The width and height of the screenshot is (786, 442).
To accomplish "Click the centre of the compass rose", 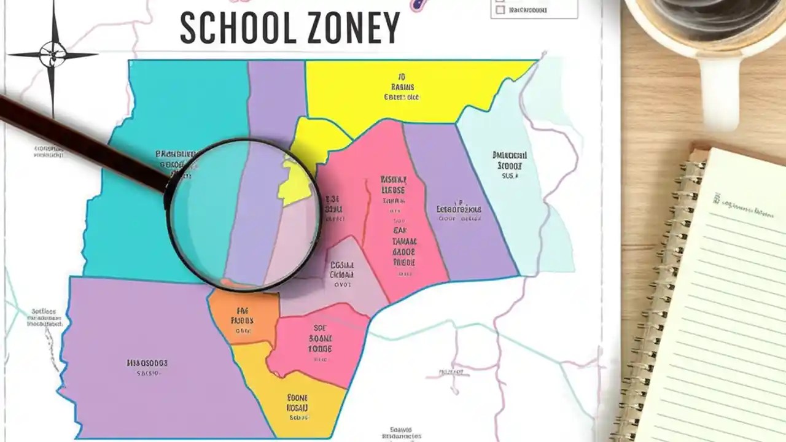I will click(53, 55).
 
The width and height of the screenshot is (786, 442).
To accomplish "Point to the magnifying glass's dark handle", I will click(80, 141).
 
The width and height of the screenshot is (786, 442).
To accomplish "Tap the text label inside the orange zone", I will click(242, 320).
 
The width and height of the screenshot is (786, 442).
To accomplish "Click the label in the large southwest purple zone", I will click(147, 367).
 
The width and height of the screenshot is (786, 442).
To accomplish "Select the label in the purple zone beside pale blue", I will click(459, 209).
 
